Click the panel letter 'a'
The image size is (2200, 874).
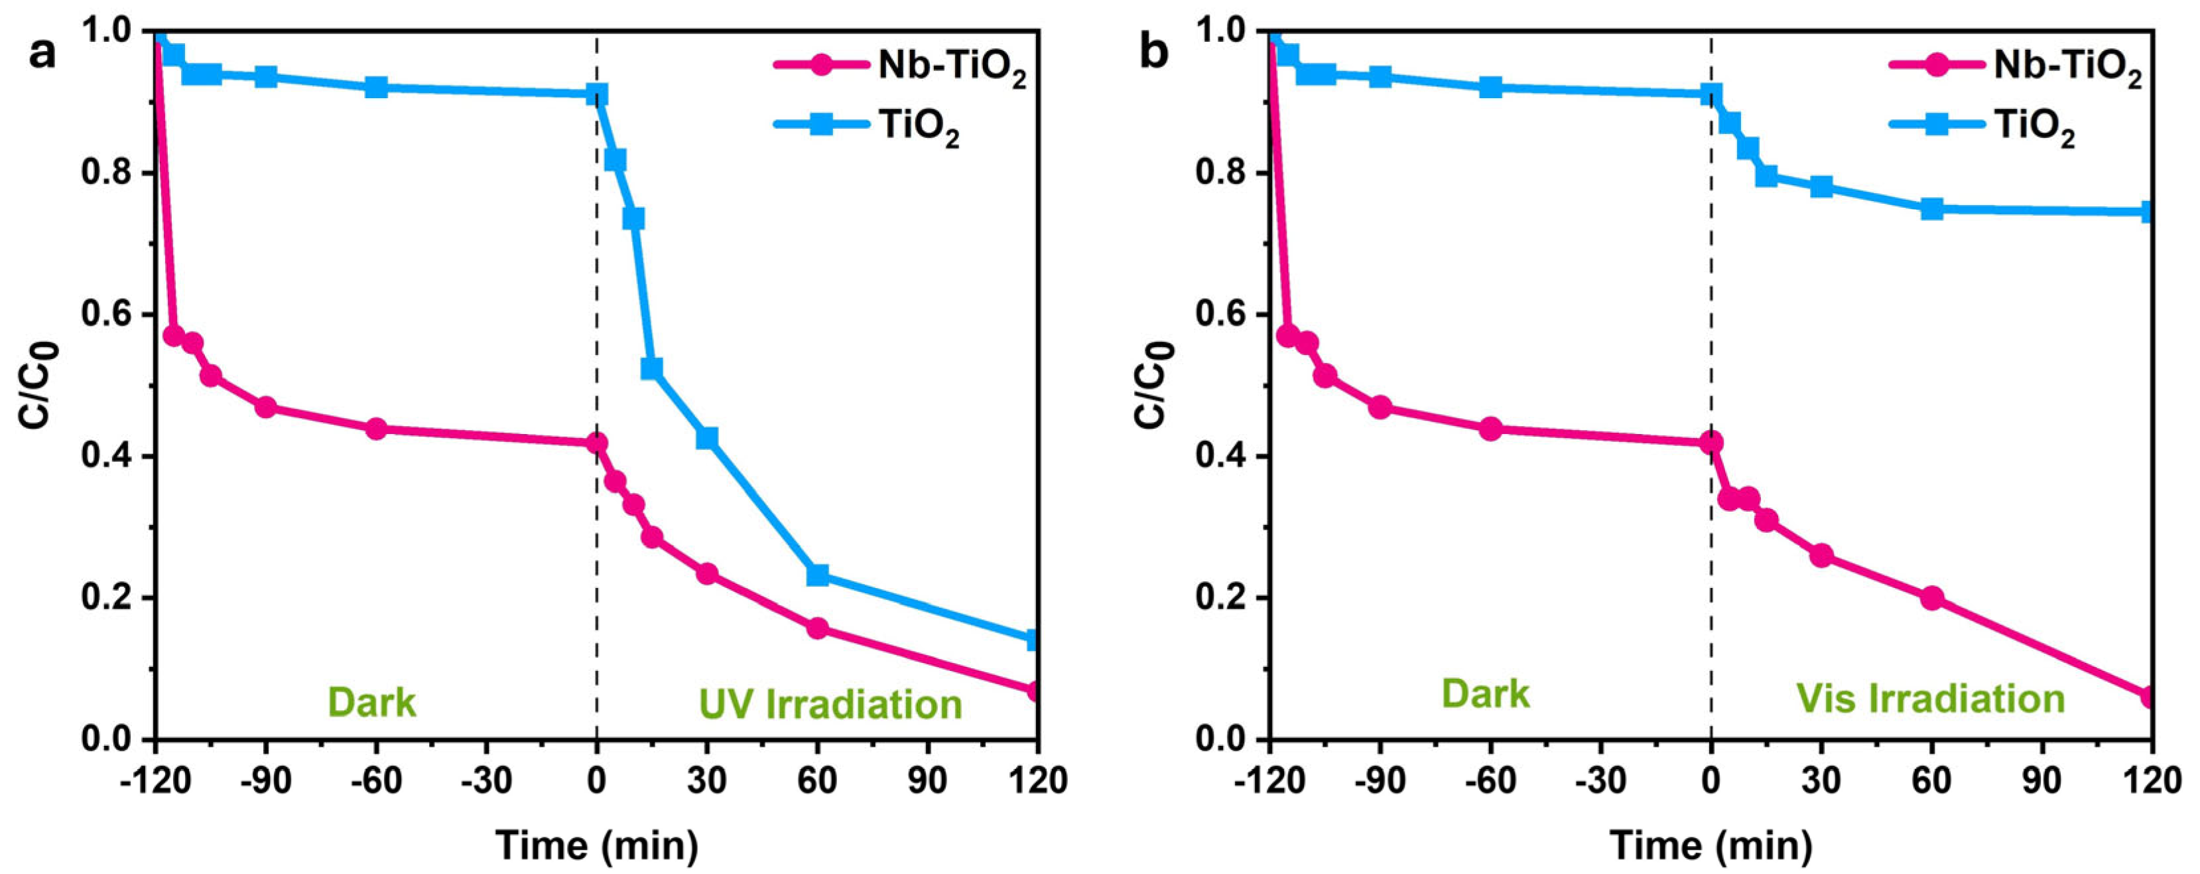click(x=42, y=54)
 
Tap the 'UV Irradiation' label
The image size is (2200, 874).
click(x=830, y=704)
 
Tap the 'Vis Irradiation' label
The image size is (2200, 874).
click(x=1930, y=698)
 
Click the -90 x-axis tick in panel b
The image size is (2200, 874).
click(x=1380, y=782)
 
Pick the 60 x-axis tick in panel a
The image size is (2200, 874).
click(x=817, y=782)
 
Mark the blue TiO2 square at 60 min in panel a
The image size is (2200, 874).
click(x=817, y=575)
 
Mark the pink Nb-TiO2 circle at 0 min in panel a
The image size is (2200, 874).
click(x=597, y=443)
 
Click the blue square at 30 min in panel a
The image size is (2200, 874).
click(x=707, y=438)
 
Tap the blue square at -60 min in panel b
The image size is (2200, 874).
click(x=1490, y=87)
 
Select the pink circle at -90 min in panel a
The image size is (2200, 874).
click(x=265, y=407)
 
